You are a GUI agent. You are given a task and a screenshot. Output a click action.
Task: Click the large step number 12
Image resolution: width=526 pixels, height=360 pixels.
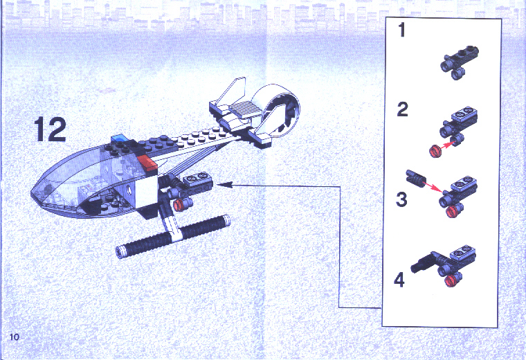point(50,129)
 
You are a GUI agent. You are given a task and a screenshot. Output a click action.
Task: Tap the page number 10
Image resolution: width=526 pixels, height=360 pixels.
point(15,336)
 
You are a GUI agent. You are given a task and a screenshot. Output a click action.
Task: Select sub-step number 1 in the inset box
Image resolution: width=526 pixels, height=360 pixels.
point(401,30)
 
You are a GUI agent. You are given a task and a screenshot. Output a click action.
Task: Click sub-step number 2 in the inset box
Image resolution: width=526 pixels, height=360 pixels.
point(403,109)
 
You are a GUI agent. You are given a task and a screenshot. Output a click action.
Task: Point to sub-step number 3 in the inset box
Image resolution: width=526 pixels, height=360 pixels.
point(401,199)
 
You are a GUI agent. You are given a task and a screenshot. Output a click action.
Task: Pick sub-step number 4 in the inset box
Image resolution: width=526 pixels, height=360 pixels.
point(399,280)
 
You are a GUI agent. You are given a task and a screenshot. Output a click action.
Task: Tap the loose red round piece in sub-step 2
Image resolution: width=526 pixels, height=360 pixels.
point(435,152)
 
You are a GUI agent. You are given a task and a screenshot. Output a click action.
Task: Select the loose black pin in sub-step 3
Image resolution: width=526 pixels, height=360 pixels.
point(415,177)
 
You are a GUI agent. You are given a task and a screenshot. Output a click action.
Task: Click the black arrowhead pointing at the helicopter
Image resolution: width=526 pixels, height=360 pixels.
point(224,184)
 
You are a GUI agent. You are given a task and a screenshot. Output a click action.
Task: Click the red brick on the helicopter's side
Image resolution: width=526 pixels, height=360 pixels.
point(146,162)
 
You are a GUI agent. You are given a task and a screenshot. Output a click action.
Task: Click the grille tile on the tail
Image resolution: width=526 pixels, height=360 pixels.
point(244,109)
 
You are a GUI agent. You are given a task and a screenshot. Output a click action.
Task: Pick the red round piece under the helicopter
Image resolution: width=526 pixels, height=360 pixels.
point(179,204)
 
